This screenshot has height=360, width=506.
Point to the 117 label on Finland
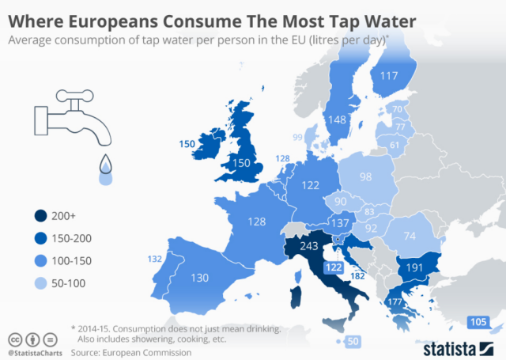[388, 76]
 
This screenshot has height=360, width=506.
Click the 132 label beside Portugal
[155, 259]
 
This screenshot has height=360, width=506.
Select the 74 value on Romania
[410, 236]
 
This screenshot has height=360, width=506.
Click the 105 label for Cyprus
[478, 321]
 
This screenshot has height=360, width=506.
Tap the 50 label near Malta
[353, 341]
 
